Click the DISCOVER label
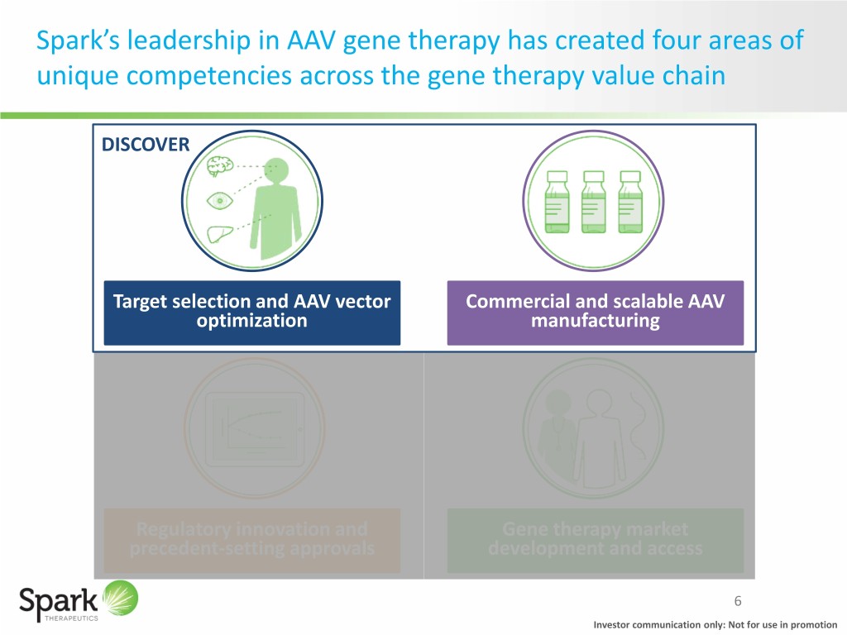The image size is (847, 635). coord(145,145)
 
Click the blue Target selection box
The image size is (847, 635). coord(251,312)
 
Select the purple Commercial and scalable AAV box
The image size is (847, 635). coord(595,312)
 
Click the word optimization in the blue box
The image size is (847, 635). coord(251,322)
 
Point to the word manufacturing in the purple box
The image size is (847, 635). coord(595,322)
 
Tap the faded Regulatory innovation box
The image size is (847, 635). coord(251,539)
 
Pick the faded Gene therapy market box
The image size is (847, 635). coord(595,539)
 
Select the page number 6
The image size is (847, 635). coord(739,601)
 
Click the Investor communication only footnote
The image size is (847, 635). coord(715,624)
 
